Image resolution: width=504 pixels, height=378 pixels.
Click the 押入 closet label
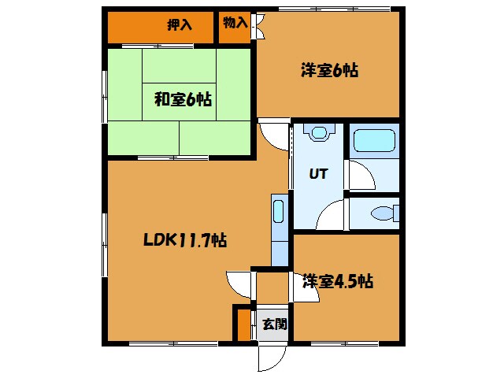pos(180,24)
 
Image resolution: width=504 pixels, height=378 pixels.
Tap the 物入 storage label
pos(235,23)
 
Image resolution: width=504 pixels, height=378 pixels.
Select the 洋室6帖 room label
pos(329,70)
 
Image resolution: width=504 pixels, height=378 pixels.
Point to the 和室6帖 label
pos(182,99)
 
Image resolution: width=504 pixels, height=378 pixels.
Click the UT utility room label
pos(317,173)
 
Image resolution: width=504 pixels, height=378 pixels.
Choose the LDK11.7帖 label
pos(186,240)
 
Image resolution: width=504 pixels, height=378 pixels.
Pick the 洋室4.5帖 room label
pos(338,280)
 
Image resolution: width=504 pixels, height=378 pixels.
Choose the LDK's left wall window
pos(103,235)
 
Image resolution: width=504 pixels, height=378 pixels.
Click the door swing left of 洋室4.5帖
pos(239,283)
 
